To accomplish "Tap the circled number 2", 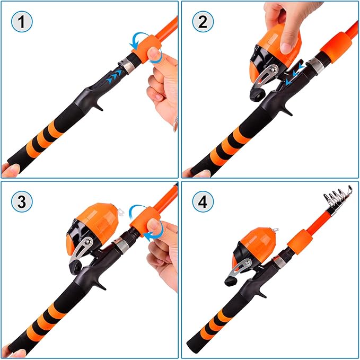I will coord(203,22).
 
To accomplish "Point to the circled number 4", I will coord(203,202).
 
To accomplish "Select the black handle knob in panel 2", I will coord(256,92).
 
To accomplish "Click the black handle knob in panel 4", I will coord(232,280).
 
